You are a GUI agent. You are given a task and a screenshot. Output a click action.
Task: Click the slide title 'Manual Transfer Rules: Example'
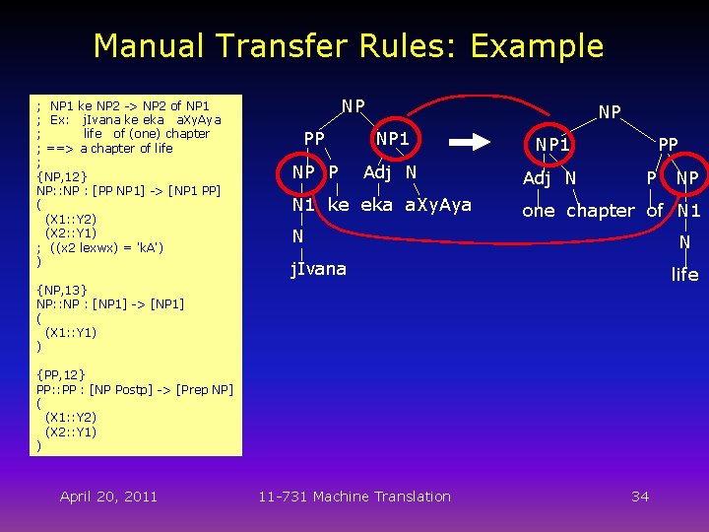(x=348, y=46)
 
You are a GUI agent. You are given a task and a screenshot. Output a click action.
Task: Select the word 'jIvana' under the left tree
(x=318, y=268)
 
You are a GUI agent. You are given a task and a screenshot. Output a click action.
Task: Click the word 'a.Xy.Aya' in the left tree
(x=438, y=205)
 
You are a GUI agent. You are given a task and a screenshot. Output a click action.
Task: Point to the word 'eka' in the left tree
(x=376, y=205)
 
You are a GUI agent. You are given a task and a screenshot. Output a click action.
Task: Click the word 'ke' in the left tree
(x=338, y=205)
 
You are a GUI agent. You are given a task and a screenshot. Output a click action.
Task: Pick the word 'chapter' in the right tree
(x=600, y=211)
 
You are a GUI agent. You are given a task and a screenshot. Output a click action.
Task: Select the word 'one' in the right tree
(x=539, y=211)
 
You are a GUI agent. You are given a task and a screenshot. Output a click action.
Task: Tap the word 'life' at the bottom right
(x=684, y=275)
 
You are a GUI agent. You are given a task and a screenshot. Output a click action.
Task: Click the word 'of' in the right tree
(x=655, y=211)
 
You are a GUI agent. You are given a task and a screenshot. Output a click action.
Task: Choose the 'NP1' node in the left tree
(x=393, y=139)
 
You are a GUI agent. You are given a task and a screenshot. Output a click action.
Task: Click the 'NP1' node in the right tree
(x=553, y=145)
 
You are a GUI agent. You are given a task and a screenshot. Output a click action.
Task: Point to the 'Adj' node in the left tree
(x=378, y=173)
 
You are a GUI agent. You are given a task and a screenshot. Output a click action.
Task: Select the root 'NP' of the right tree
(x=610, y=112)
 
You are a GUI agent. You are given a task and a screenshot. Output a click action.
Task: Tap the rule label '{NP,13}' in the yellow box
(x=61, y=290)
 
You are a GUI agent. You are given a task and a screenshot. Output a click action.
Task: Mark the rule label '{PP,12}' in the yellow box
(x=61, y=374)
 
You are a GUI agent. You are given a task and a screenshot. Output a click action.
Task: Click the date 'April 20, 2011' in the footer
(x=108, y=497)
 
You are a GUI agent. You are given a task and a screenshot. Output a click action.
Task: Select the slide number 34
(x=640, y=497)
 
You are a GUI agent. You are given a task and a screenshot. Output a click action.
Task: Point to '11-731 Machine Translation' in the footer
(x=354, y=497)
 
